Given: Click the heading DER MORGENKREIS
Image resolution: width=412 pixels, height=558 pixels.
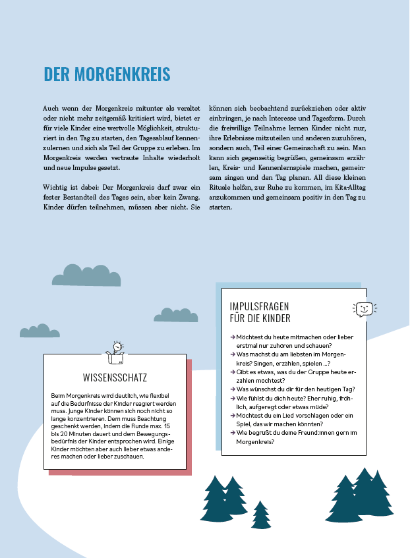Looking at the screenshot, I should pos(107,74).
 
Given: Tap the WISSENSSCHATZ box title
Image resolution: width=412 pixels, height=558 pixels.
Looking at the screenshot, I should pos(115,377).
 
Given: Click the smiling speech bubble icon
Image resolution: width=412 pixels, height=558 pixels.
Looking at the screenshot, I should pos(363,309).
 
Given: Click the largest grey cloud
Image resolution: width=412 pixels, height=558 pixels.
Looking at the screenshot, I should pos(86,275).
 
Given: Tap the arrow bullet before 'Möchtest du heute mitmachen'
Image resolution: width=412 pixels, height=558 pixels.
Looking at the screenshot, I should pos(233,337).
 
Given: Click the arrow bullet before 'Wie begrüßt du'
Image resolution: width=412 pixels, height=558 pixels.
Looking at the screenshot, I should pos(233,433).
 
